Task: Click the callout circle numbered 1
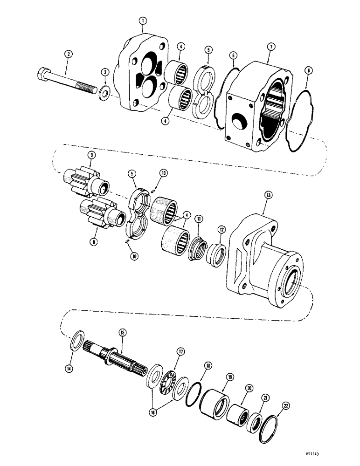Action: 143,21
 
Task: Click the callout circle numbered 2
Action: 69,55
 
